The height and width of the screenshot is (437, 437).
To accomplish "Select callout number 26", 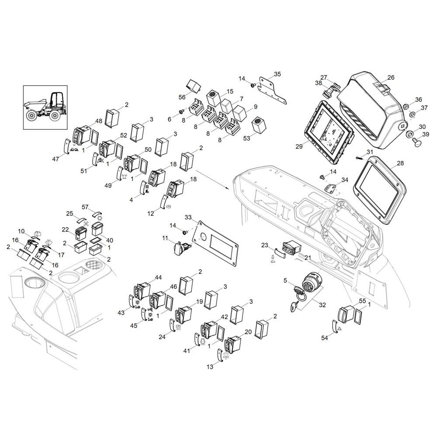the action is tap(391, 77).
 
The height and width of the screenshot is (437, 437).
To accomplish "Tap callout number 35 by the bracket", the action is tap(277, 74).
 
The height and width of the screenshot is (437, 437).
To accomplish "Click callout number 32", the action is tap(322, 305).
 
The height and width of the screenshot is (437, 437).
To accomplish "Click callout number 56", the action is tap(182, 97).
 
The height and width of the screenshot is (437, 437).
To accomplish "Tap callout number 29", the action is tap(299, 146).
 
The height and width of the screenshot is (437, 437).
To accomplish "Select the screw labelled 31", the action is tap(359, 158).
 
